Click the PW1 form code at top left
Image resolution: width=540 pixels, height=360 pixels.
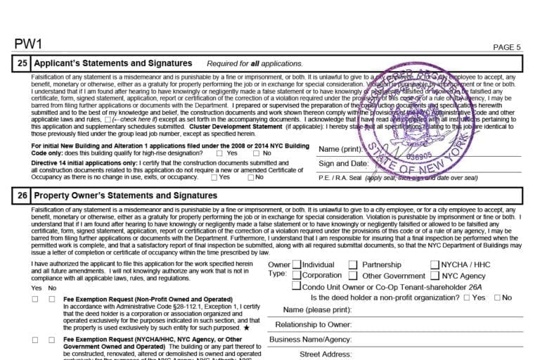click(28, 44)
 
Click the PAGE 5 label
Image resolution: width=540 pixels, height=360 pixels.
click(507, 48)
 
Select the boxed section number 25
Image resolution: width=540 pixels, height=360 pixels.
click(22, 63)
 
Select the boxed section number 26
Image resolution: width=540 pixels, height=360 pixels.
click(22, 195)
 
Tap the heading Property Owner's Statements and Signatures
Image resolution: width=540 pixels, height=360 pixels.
click(126, 195)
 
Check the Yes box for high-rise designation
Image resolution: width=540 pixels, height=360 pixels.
click(220, 153)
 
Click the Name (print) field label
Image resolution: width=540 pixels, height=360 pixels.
click(341, 149)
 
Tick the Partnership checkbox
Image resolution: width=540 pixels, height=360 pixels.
click(353, 265)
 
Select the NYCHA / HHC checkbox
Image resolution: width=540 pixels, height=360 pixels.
click(435, 265)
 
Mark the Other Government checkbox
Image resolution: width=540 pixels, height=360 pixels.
click(353, 276)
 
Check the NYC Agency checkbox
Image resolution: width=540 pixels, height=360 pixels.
click(435, 276)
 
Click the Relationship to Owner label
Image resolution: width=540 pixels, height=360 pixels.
click(313, 325)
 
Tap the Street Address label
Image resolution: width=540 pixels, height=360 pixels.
click(326, 354)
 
